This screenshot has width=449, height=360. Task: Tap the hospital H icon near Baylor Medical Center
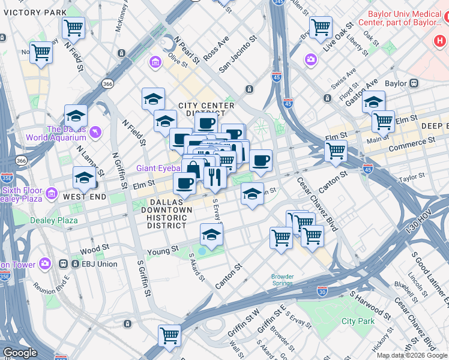[x=439, y=41]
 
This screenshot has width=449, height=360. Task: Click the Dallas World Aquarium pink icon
[x=95, y=131]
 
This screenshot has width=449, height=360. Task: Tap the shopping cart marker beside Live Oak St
[x=321, y=26]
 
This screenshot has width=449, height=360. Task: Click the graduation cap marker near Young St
[x=211, y=235]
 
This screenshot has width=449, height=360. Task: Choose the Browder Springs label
[x=282, y=280]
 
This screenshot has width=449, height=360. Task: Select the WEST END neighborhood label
[x=85, y=197]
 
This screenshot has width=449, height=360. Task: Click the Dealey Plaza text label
[x=55, y=220]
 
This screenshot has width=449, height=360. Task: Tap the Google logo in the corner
[x=19, y=353]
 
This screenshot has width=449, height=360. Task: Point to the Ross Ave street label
[x=216, y=47]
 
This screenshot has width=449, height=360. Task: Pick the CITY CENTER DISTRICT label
[x=202, y=109]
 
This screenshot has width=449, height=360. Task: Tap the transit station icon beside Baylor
[x=414, y=83]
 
